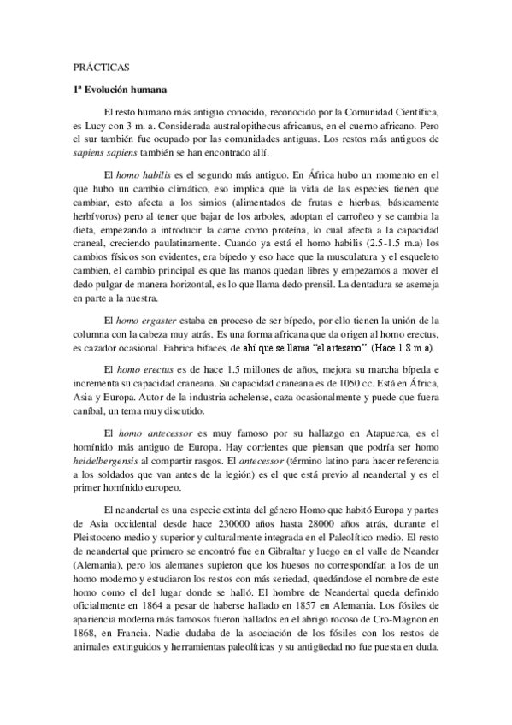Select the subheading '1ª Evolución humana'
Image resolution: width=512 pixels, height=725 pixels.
point(120,89)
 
